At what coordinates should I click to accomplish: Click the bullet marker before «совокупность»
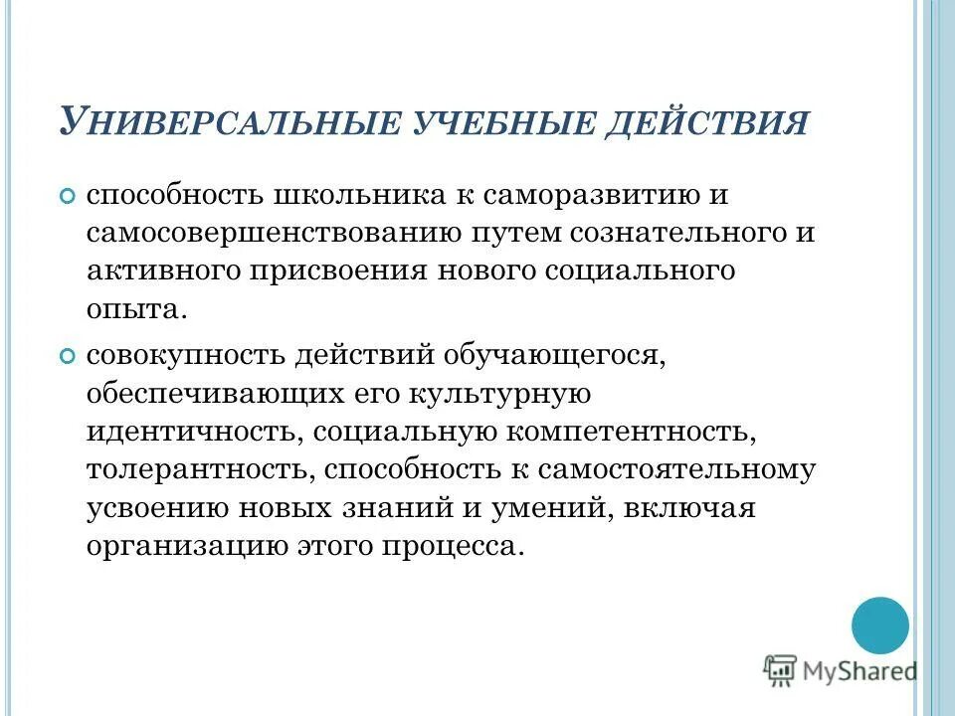click(67, 355)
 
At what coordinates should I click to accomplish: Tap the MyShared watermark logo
click(840, 672)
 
